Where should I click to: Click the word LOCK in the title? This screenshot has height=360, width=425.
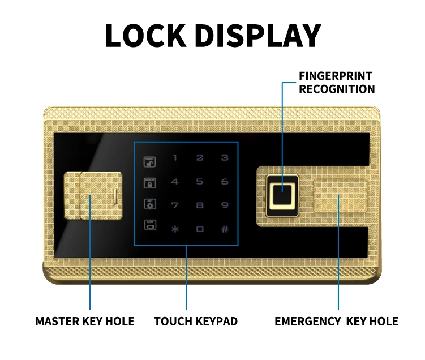[x=145, y=36]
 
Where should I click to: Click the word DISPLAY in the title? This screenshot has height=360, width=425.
[x=258, y=36]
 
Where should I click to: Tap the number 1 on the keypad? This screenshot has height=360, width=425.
[x=175, y=158]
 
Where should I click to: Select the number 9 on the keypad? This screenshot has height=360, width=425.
[x=225, y=204]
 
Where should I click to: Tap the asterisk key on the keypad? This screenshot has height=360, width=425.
[x=175, y=229]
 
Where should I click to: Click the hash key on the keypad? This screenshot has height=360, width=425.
[x=225, y=229]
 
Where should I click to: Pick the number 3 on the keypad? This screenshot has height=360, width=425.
[x=225, y=158]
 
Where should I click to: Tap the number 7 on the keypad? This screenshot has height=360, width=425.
[x=175, y=204]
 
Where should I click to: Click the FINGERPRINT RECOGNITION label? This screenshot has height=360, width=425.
[x=336, y=83]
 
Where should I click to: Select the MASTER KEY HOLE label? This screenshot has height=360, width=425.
[x=85, y=322]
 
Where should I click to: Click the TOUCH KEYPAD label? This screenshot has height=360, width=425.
[x=196, y=322]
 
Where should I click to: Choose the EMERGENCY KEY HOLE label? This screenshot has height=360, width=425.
[x=336, y=322]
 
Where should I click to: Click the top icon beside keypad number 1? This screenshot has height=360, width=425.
[x=150, y=161]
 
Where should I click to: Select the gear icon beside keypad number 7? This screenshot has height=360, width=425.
[x=150, y=204]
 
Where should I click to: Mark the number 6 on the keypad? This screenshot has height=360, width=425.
[x=225, y=182]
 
